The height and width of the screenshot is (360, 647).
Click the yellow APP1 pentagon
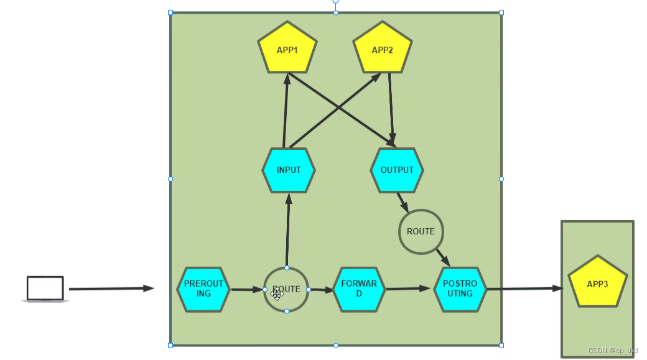pyautogui.click(x=287, y=48)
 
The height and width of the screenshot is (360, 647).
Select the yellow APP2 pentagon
pyautogui.click(x=383, y=48)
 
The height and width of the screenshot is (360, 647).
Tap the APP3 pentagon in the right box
pyautogui.click(x=598, y=283)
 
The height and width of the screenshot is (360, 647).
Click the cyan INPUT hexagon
pyautogui.click(x=288, y=170)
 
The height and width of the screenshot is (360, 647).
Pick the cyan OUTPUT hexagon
pyautogui.click(x=397, y=170)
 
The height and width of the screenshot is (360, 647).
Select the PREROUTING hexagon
pyautogui.click(x=203, y=289)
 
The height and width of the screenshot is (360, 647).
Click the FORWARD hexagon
pyautogui.click(x=358, y=289)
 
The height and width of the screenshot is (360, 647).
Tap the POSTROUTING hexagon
pyautogui.click(x=460, y=289)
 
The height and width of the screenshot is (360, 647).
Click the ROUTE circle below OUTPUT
pyautogui.click(x=421, y=231)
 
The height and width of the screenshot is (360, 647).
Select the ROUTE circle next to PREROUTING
pyautogui.click(x=286, y=289)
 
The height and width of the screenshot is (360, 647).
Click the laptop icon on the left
pyautogui.click(x=45, y=289)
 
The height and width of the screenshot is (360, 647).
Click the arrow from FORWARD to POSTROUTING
pyautogui.click(x=408, y=288)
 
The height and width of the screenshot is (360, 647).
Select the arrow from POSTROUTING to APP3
pyautogui.click(x=524, y=288)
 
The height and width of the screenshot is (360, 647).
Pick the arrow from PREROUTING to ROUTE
pyautogui.click(x=247, y=289)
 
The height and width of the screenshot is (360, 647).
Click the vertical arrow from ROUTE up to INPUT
pyautogui.click(x=287, y=230)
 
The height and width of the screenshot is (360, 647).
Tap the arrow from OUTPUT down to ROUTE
pyautogui.click(x=402, y=201)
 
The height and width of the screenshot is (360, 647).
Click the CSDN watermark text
pyautogui.click(x=613, y=351)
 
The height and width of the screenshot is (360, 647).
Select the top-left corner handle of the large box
pyautogui.click(x=170, y=12)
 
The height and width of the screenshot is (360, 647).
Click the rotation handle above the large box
pyautogui.click(x=336, y=1)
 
